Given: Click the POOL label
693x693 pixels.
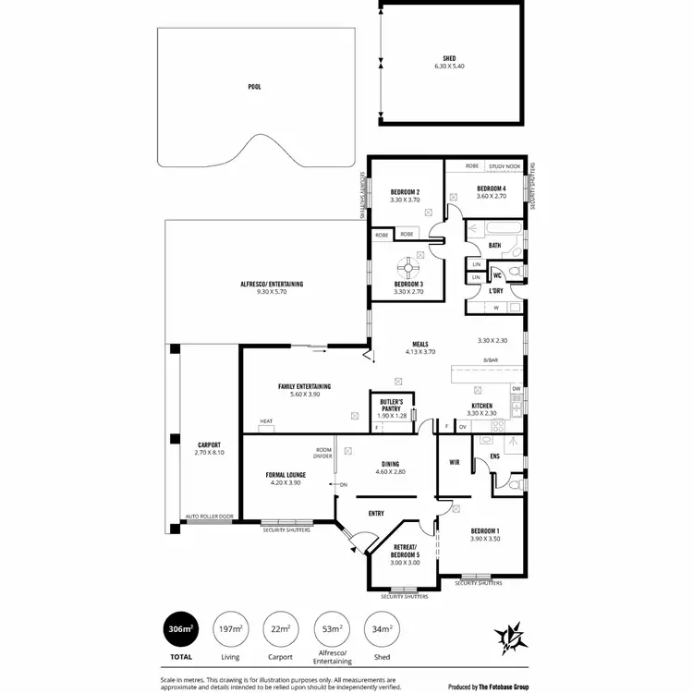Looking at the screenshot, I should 254,87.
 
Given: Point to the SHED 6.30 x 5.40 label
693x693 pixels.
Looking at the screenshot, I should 449,63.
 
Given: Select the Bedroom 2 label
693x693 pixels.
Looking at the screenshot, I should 405,195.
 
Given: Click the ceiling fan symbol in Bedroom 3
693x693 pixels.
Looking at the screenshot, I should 406,263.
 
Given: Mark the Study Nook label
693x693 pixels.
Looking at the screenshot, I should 505,166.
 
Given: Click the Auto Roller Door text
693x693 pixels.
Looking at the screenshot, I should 210,517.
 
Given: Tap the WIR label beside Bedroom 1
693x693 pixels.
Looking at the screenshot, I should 455,462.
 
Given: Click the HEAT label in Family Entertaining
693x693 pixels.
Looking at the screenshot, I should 266,422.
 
